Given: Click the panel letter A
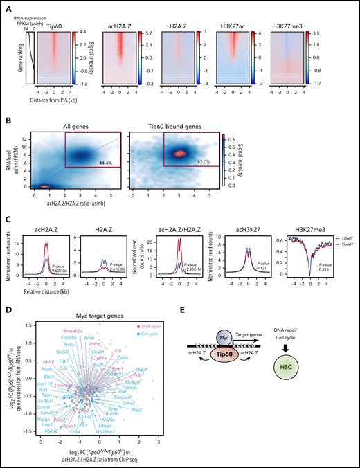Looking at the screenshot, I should point(6,6).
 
